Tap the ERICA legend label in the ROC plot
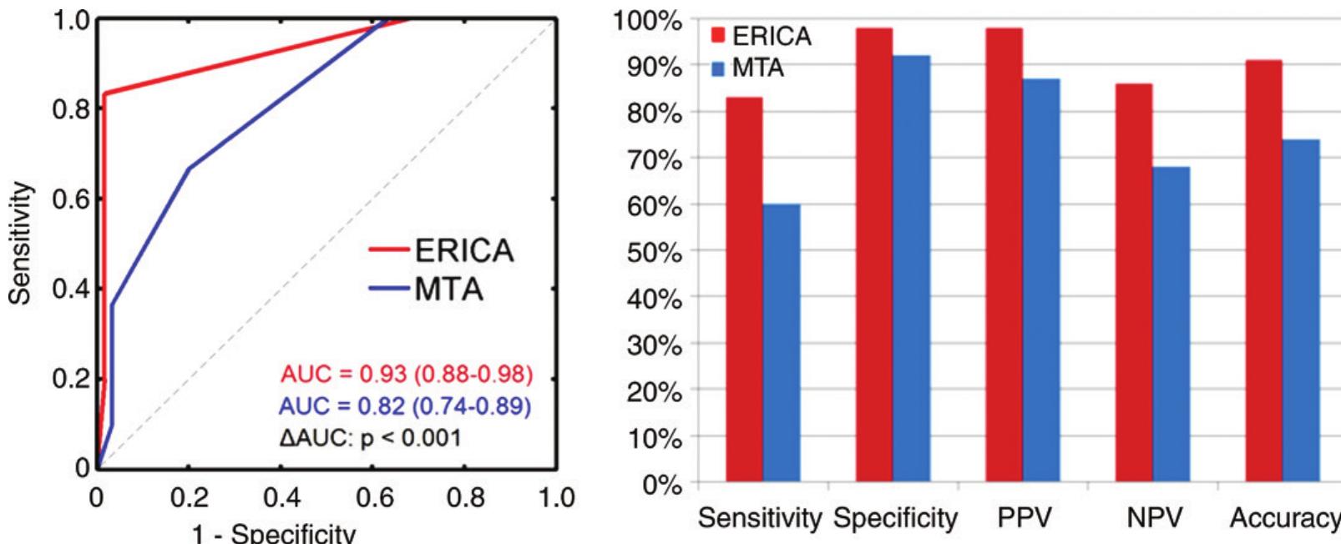pyautogui.click(x=463, y=250)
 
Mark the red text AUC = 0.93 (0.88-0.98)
pyautogui.click(x=407, y=373)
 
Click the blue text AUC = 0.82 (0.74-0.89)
pyautogui.click(x=406, y=405)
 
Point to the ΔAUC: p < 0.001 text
pyautogui.click(x=369, y=437)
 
